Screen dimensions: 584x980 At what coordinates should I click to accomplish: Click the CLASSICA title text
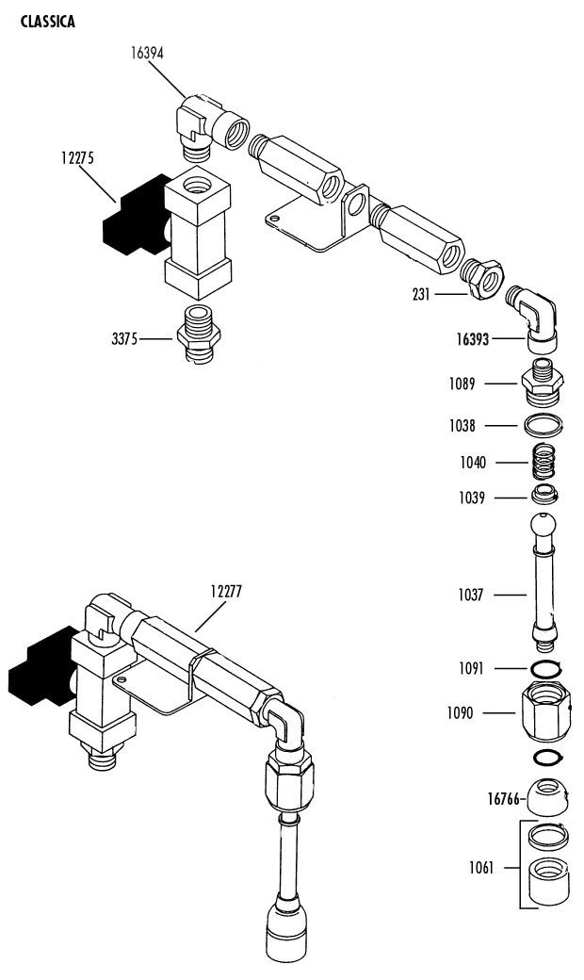[47, 22]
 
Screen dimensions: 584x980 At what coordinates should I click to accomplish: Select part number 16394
[147, 53]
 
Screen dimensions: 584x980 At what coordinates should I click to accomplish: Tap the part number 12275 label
[77, 157]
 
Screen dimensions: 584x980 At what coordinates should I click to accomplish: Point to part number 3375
[124, 339]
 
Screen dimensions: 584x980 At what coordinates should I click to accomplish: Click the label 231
[421, 294]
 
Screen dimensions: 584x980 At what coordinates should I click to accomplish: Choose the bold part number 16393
[473, 339]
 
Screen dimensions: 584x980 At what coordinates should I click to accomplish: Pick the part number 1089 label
[462, 384]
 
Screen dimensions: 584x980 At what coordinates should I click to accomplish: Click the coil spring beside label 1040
[544, 462]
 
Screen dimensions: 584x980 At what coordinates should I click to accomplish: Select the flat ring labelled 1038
[543, 426]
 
